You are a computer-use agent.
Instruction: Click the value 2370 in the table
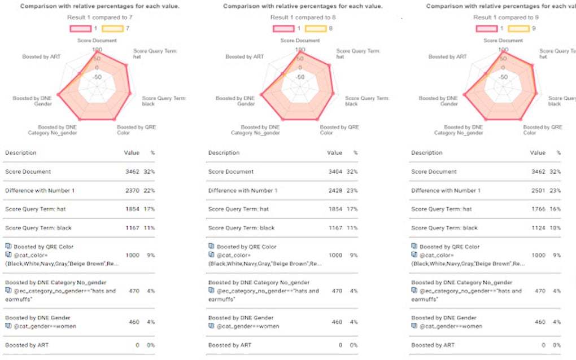131,191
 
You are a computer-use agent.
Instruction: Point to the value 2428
334,191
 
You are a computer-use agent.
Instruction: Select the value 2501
537,191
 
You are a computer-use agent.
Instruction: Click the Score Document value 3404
334,172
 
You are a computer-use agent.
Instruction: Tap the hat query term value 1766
537,209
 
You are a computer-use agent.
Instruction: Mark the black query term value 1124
537,228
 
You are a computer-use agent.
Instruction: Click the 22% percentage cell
151,191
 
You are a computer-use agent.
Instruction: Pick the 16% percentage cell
557,209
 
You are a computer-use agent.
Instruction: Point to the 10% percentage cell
557,228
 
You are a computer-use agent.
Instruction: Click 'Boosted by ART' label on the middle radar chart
245,56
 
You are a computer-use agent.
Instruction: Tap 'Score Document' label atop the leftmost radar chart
97,41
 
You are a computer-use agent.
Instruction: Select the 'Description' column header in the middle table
224,153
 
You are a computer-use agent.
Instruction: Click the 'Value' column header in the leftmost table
131,153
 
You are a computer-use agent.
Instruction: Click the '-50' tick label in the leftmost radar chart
97,77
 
